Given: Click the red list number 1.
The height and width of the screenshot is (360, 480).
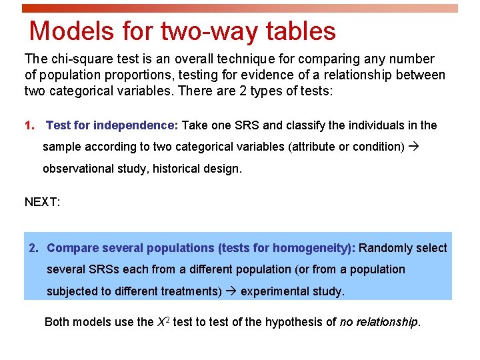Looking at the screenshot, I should [x=29, y=125].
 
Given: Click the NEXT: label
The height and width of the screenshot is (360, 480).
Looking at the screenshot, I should [x=43, y=201].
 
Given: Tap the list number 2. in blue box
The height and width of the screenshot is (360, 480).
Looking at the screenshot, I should [x=34, y=248].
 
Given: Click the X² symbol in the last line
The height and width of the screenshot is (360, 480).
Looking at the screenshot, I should [x=163, y=321].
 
